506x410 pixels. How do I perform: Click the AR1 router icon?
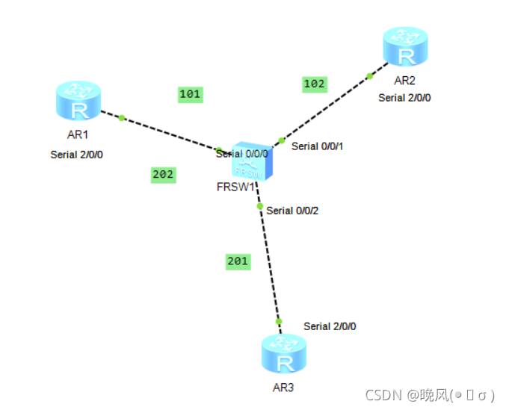click(78, 101)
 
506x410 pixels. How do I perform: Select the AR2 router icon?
click(405, 46)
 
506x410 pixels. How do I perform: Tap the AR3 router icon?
click(284, 353)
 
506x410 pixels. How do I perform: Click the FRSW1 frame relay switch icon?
click(252, 161)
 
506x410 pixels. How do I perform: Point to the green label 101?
click(191, 94)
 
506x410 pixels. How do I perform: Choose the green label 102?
click(315, 84)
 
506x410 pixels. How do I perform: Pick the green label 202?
click(163, 175)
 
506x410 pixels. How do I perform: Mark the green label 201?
click(238, 261)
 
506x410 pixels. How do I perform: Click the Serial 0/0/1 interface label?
click(317, 146)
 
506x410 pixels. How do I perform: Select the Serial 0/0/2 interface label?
click(292, 211)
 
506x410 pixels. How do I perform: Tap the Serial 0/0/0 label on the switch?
click(242, 154)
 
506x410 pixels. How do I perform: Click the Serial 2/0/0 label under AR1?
click(77, 155)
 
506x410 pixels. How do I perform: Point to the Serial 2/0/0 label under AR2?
click(404, 98)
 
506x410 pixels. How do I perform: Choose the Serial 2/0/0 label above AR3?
click(330, 326)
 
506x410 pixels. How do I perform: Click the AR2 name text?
click(404, 81)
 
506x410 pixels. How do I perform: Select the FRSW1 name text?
click(236, 187)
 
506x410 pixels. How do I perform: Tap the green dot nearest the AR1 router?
click(122, 118)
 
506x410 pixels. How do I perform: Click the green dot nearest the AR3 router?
click(279, 321)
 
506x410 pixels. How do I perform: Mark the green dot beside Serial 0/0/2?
click(260, 206)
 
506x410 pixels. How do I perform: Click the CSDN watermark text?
click(430, 395)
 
